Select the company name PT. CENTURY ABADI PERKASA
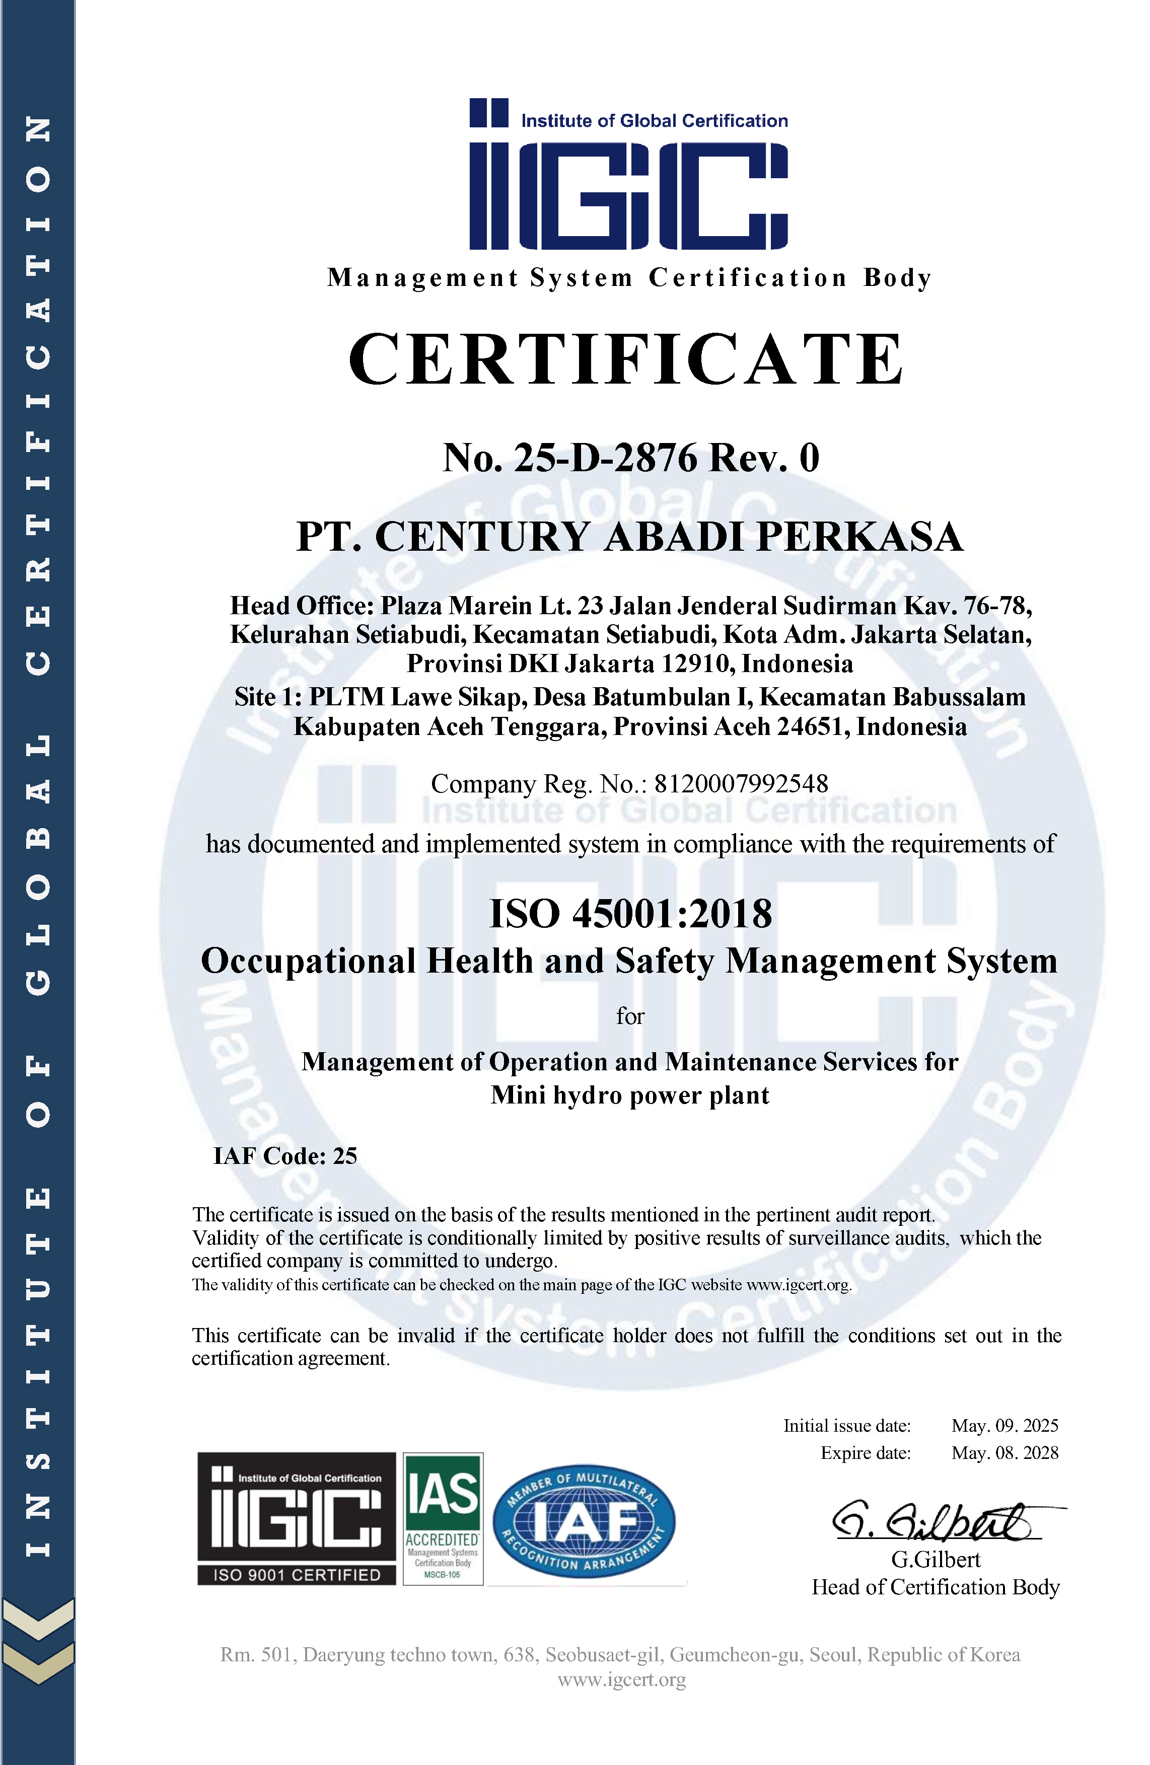(x=629, y=537)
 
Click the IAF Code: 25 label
(x=285, y=1156)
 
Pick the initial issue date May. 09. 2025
(x=1004, y=1425)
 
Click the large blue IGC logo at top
(x=628, y=175)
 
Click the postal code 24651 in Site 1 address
(x=812, y=727)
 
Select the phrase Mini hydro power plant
(x=630, y=1095)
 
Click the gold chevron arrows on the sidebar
(x=38, y=1643)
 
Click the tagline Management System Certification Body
(x=629, y=278)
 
